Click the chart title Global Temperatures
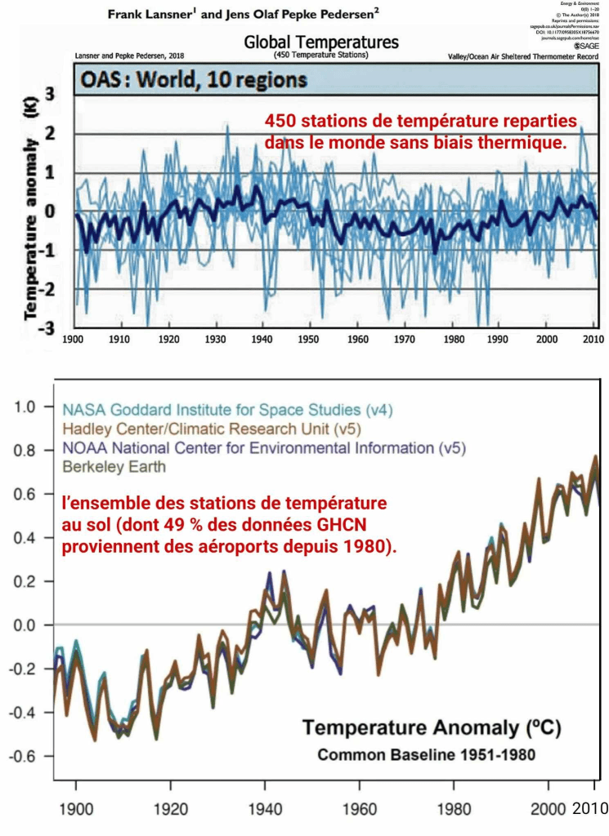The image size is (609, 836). pos(320,42)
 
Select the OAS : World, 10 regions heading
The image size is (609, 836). pos(192,81)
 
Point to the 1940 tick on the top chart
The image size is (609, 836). pos(263,337)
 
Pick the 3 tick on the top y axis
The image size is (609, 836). pos(50,95)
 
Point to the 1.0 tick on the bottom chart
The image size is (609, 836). pos(28,406)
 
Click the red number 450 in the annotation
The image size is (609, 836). pos(280,121)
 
